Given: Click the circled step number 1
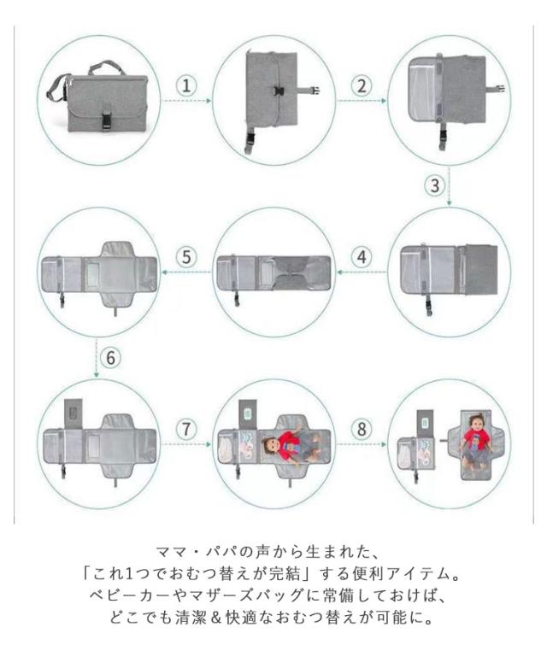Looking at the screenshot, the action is pyautogui.click(x=186, y=85).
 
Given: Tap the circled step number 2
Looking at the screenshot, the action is pyautogui.click(x=362, y=85).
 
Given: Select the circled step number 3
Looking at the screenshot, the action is pyautogui.click(x=435, y=185).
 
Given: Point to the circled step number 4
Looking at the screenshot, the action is pyautogui.click(x=362, y=257).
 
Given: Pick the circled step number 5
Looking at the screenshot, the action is pyautogui.click(x=186, y=257).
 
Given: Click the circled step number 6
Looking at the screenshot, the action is pyautogui.click(x=111, y=357).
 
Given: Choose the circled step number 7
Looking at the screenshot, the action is pyautogui.click(x=186, y=429).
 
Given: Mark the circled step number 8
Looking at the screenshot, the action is pyautogui.click(x=362, y=429).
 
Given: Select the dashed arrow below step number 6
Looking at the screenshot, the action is pyautogui.click(x=97, y=357).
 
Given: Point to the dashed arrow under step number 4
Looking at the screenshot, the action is pyautogui.click(x=362, y=272).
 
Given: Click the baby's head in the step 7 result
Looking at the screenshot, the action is pyautogui.click(x=270, y=445).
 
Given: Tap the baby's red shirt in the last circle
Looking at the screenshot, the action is pyautogui.click(x=477, y=440).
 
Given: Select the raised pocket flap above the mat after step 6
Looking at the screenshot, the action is pyautogui.click(x=74, y=413).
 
